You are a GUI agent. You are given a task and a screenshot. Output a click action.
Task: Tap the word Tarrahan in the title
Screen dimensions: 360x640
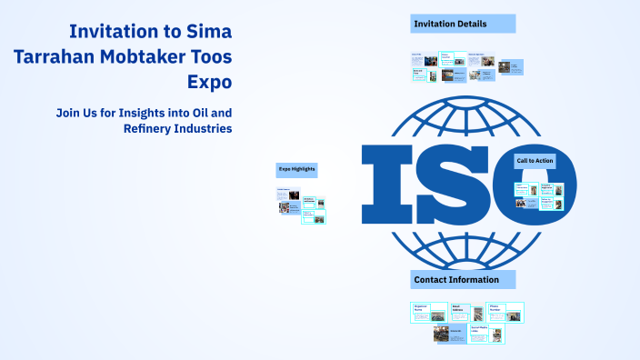tap(55, 56)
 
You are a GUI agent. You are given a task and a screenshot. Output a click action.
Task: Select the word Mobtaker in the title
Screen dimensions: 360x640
tap(148, 56)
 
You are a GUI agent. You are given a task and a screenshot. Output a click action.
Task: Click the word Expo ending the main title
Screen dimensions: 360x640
tap(209, 82)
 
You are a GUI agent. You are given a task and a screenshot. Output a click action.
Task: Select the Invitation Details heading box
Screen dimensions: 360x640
tap(463, 24)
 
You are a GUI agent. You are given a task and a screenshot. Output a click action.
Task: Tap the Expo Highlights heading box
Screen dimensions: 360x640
tap(296, 169)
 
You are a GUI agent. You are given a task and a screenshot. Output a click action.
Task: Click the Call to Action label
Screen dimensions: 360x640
tap(535, 161)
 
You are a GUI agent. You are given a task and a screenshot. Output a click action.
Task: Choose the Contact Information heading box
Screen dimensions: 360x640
tap(463, 279)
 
